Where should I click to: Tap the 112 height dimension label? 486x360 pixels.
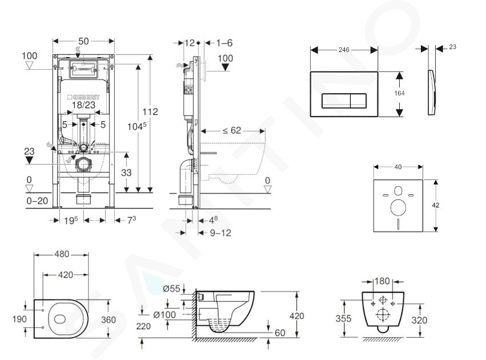point(150,111)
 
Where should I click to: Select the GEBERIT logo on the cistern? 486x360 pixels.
point(84,97)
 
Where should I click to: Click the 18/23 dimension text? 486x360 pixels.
point(84,105)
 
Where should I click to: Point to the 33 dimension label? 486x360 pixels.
point(126,173)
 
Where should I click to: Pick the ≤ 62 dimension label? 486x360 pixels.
point(232,130)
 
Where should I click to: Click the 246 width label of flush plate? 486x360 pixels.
point(344,50)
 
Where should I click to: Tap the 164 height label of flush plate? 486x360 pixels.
point(399,93)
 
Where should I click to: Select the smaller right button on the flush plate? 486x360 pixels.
point(358,101)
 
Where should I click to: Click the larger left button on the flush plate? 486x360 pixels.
point(336,101)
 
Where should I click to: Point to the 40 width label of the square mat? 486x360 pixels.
point(398,167)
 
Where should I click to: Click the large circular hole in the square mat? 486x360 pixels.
point(398,207)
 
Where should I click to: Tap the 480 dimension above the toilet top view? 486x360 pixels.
point(62,254)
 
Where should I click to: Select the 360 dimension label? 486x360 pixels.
point(109,319)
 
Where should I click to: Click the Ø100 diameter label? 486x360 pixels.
point(164,315)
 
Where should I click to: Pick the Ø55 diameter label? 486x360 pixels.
point(172,289)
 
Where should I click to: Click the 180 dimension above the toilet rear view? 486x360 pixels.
point(382,281)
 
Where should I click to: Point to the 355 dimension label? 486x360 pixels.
point(343,318)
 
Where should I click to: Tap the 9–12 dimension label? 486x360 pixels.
point(220,233)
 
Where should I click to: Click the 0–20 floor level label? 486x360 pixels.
point(37,201)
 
